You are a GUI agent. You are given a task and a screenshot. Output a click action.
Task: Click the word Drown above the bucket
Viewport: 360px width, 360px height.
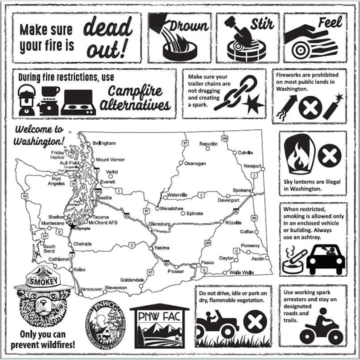click(188, 24)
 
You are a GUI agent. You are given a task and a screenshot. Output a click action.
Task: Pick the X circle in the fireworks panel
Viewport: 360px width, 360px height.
click(308, 107)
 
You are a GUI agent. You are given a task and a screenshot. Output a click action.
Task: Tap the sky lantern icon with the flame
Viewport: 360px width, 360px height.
click(299, 155)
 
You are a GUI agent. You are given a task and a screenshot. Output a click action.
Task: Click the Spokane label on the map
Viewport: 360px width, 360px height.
click(242, 190)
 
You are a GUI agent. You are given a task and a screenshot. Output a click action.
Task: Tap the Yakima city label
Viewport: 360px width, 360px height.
click(161, 247)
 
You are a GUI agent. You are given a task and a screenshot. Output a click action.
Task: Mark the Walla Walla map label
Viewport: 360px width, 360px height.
click(241, 272)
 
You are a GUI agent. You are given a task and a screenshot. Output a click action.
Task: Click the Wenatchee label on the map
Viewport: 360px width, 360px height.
click(171, 208)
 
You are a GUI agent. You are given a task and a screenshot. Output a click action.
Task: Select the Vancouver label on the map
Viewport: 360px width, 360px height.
click(91, 289)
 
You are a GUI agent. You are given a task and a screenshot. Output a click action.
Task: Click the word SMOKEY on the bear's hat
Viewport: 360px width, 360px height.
click(44, 281)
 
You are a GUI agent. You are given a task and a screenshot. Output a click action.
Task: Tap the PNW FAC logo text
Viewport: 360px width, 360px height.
click(159, 317)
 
